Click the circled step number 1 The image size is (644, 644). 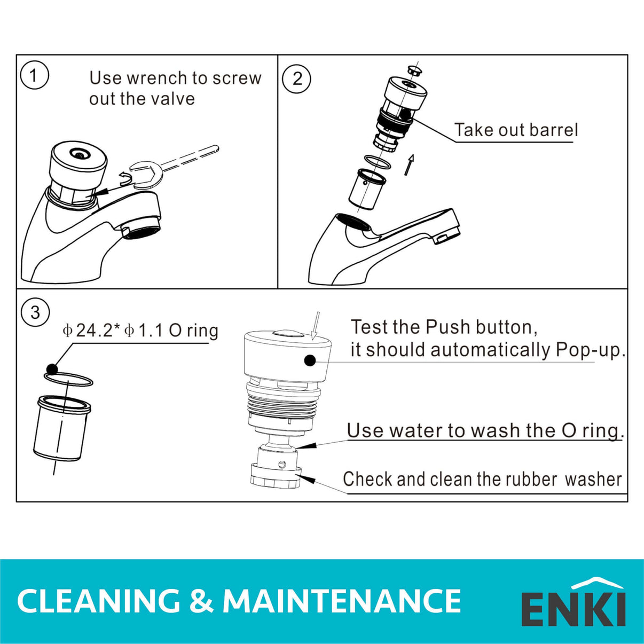34,75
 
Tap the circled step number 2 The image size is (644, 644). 296,79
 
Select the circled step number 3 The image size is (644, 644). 35,312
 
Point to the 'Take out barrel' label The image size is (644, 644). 516,130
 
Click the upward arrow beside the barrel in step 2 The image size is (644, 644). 409,164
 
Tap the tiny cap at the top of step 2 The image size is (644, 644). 414,70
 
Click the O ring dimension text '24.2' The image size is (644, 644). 94,331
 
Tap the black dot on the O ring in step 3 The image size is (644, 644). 52,369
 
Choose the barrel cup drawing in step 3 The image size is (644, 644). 61,428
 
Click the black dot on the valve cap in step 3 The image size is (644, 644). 310,360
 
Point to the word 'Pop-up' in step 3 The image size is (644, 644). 588,350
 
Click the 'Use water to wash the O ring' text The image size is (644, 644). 484,430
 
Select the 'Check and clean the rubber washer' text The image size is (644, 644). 482,479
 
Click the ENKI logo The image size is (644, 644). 573,603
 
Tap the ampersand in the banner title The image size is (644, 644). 201,601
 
